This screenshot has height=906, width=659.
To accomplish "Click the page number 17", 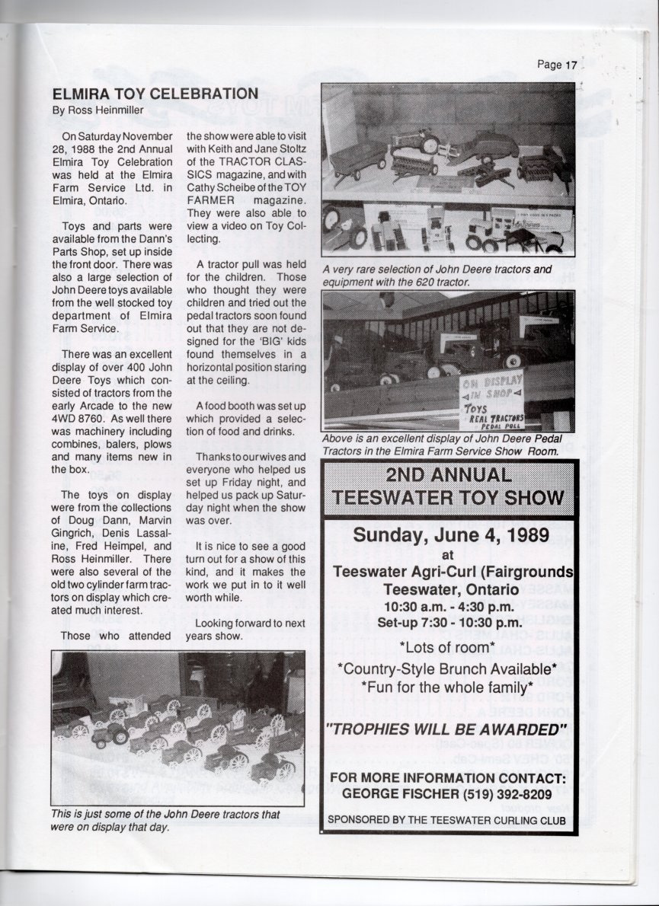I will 571,65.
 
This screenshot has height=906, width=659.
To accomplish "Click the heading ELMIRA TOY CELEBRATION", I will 155,94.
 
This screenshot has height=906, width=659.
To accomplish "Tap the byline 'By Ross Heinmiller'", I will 97,110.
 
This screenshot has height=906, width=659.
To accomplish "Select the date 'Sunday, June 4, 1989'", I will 450,535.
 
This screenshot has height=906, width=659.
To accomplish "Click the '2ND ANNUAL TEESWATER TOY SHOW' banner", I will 449,486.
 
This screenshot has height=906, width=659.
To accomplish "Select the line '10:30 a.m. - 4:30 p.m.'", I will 448,607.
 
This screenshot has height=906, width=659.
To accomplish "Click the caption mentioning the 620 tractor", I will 437,275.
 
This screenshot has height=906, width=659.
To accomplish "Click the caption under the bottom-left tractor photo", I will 165,820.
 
